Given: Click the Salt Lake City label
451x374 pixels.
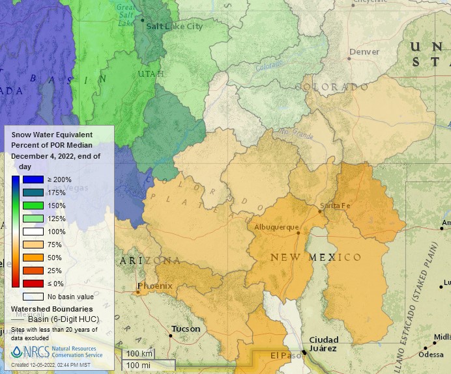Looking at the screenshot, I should click(175, 27).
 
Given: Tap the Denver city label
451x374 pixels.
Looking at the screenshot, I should click(364, 51).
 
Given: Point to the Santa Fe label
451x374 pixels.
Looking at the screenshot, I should click(335, 206).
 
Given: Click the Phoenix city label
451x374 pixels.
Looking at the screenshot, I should click(154, 286).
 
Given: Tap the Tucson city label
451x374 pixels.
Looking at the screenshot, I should click(186, 329).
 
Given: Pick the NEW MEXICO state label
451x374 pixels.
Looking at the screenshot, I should click(315, 258).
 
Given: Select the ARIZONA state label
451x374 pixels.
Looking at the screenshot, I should click(150, 261).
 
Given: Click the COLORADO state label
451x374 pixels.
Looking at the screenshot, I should click(335, 87).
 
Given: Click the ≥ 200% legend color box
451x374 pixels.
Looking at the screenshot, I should click(33, 180).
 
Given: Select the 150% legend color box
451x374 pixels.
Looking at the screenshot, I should click(33, 206).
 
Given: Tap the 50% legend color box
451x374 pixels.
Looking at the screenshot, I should click(33, 258).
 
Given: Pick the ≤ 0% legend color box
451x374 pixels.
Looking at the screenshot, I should click(33, 284).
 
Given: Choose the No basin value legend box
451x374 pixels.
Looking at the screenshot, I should click(33, 297).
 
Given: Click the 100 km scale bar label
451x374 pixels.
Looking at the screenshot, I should click(139, 353).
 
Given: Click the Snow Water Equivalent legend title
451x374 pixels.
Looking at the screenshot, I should click(51, 134).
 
